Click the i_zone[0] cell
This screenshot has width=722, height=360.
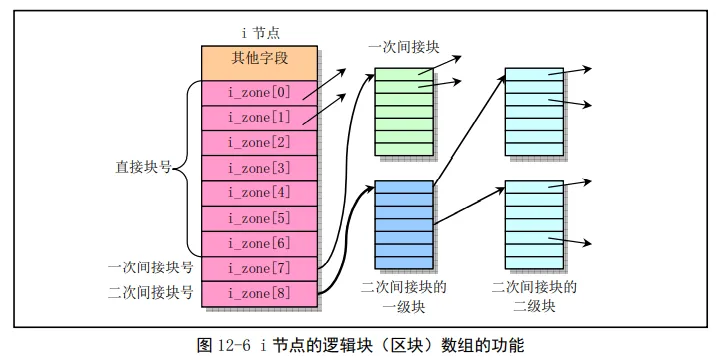tap(259, 93)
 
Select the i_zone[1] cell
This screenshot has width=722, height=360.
tap(259, 118)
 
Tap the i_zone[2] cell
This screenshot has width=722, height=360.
tap(259, 143)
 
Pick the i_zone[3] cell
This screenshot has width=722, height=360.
tap(259, 168)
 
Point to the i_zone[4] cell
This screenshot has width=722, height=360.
tap(259, 193)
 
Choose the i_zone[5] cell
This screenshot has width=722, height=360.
tap(259, 219)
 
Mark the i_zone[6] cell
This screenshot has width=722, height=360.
tap(259, 244)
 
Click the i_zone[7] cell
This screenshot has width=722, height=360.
tap(259, 269)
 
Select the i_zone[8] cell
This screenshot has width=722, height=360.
tap(259, 294)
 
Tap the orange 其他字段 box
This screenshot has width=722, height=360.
tap(259, 63)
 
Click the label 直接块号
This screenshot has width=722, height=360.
tap(143, 168)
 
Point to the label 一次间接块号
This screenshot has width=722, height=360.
tap(150, 267)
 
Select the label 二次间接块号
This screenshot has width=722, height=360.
tap(150, 293)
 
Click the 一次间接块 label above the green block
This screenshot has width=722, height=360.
tap(403, 47)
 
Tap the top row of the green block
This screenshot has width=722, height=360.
tap(404, 75)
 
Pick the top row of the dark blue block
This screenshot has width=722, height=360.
tap(404, 187)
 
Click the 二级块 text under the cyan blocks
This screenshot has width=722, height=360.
tap(534, 306)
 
